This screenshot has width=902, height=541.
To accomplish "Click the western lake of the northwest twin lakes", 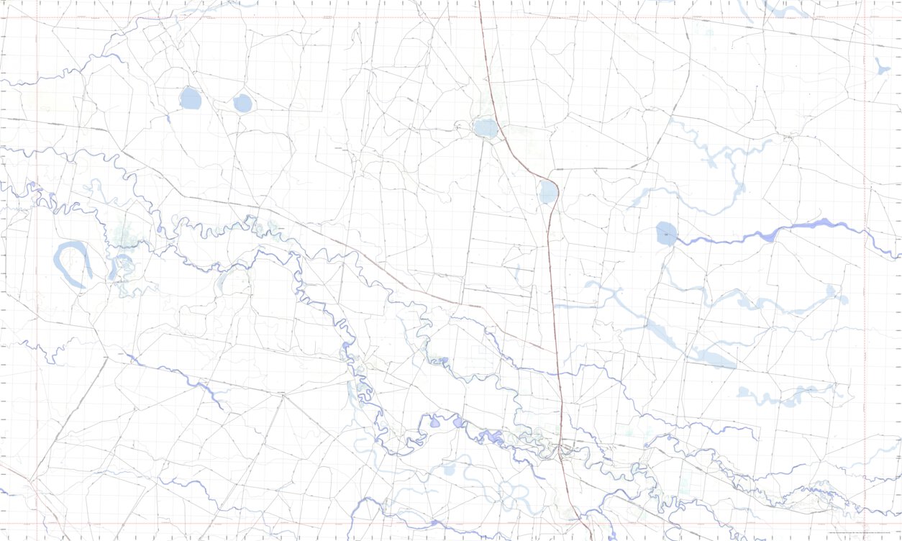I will pos(191,98).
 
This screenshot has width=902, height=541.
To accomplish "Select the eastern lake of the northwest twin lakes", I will pos(243,104).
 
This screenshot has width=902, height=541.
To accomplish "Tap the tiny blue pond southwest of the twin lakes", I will pos(168,119).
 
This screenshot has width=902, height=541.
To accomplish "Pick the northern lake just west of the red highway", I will pos(486,129).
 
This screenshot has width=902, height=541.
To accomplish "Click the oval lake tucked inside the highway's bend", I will pos(548,192).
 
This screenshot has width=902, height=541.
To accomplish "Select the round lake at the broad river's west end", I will pos(667,234).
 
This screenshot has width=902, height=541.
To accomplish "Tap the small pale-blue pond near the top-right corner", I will pos(882,68).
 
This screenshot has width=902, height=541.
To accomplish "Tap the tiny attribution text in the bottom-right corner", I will pos(862,532).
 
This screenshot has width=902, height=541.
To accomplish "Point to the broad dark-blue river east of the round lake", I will pos(791,229).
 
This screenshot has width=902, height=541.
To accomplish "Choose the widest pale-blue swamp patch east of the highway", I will pos(712,358).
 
